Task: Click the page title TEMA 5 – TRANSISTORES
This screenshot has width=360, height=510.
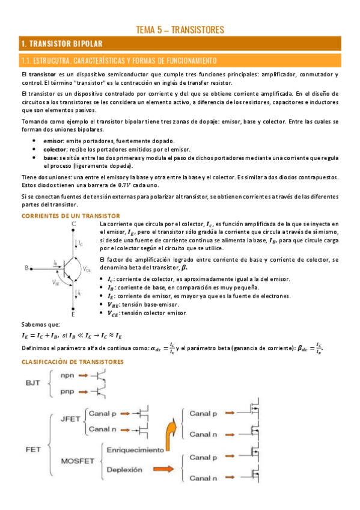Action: tap(180, 29)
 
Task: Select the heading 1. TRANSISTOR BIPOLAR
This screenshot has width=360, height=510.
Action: tap(62, 44)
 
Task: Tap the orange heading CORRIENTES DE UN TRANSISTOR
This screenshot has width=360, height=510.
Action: tap(70, 215)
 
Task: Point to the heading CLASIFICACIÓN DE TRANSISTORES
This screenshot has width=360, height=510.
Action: tap(73, 361)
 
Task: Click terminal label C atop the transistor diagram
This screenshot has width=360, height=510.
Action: tap(73, 224)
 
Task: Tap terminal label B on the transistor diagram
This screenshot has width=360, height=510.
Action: tap(26, 268)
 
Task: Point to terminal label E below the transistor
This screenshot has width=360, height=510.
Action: tap(73, 314)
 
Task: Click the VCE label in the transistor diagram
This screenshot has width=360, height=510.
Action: tap(88, 269)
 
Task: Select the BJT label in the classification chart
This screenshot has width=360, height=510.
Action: tap(34, 382)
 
